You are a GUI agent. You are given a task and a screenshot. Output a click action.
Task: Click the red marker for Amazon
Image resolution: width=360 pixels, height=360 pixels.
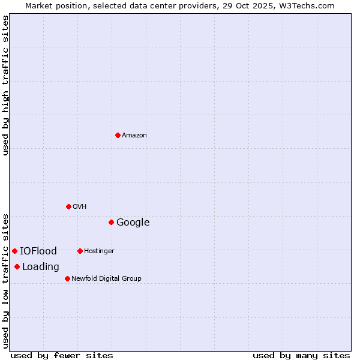click(118, 135)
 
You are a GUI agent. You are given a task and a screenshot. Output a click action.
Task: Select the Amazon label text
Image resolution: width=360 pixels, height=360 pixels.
click(134, 136)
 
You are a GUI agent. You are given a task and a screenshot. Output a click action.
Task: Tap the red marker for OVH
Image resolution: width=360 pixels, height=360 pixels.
click(68, 206)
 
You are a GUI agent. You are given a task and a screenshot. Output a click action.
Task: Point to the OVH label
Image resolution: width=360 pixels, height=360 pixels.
click(80, 207)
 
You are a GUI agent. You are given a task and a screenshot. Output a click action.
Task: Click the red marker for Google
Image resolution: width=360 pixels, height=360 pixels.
click(111, 222)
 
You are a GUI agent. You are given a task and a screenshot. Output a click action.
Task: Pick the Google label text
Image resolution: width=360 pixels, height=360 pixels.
click(133, 223)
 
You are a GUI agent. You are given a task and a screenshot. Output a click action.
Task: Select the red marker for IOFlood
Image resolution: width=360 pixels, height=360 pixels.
click(14, 251)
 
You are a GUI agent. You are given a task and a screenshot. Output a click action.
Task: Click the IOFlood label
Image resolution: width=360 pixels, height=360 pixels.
click(38, 251)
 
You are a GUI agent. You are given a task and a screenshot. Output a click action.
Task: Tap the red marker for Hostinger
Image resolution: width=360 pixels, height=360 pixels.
click(80, 251)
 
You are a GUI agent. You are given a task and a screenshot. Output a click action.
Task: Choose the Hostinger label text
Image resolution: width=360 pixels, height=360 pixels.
click(99, 251)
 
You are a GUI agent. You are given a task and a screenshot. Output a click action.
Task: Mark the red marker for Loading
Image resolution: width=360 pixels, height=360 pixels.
click(17, 266)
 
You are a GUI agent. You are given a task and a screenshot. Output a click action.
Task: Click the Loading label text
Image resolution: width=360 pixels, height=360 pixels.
click(41, 267)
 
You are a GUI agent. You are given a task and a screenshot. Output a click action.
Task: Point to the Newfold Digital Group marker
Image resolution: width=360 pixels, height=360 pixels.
click(67, 278)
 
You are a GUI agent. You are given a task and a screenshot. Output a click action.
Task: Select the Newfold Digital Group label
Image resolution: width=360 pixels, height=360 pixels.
click(106, 279)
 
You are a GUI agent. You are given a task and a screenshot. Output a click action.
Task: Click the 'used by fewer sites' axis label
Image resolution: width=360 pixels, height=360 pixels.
click(62, 355)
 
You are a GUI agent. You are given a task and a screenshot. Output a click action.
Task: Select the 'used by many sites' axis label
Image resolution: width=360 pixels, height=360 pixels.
click(301, 355)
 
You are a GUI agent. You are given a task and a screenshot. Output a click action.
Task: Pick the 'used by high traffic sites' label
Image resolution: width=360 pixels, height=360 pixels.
click(6, 85)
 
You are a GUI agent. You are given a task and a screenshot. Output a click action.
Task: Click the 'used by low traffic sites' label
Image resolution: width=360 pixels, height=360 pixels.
click(6, 280)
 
